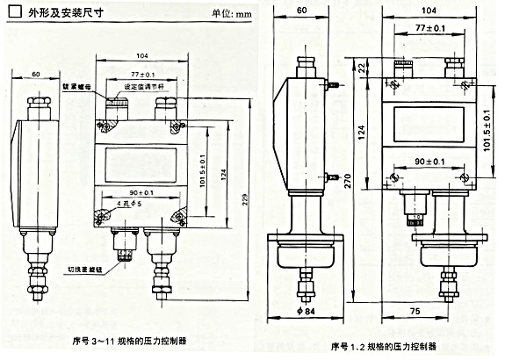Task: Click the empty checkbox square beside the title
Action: [13, 12]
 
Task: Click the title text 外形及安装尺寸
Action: [60, 12]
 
